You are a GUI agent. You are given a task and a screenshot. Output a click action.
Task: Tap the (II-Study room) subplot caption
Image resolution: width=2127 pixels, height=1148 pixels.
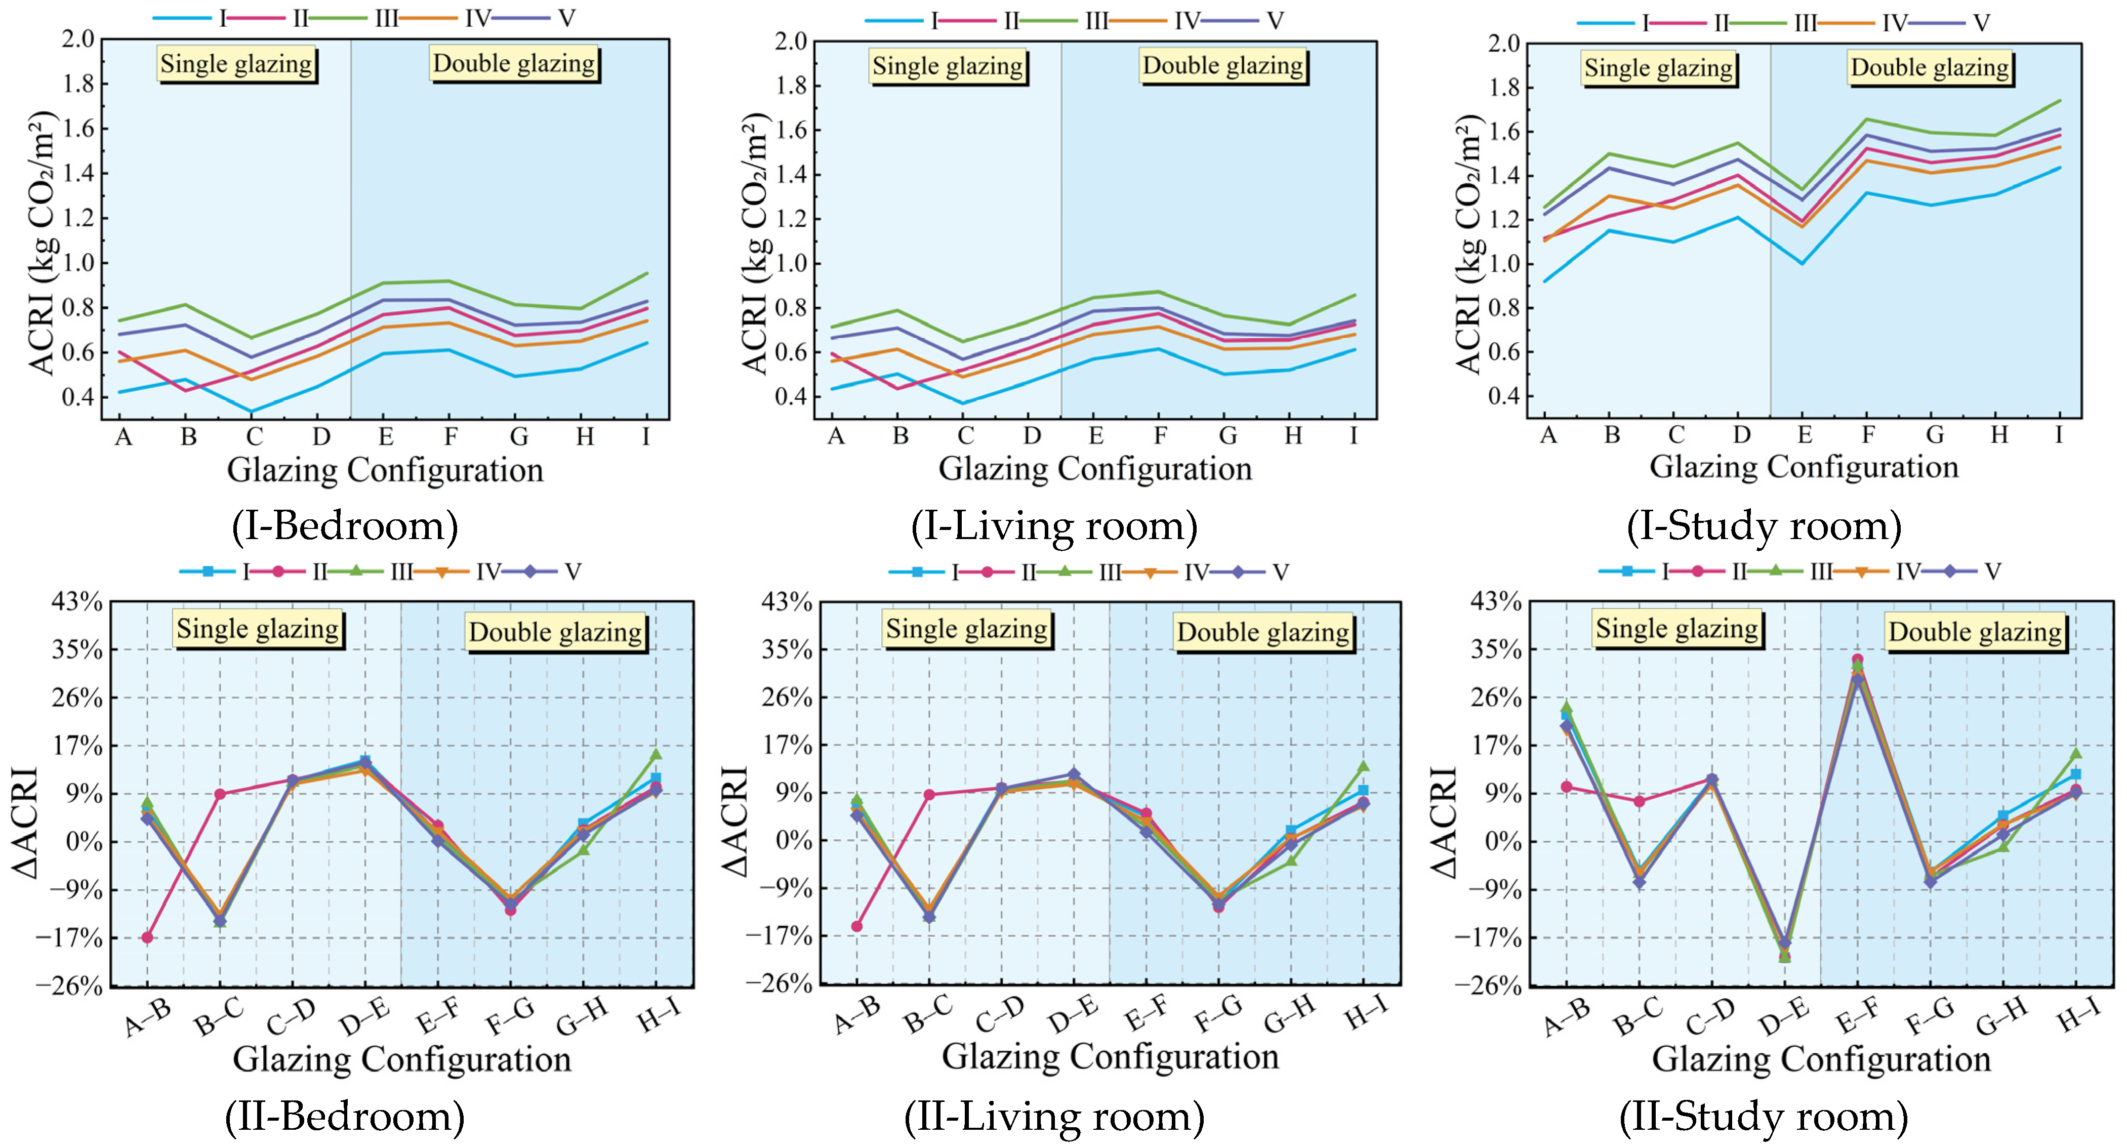tap(1763, 1117)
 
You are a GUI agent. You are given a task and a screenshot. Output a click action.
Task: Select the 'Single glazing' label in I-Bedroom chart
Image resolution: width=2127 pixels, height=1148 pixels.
tap(236, 64)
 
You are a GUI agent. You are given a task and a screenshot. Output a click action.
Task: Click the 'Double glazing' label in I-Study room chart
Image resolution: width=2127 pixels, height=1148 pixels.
tap(1930, 67)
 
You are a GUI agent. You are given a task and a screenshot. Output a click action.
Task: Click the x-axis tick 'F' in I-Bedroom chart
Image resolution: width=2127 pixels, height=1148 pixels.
tap(450, 436)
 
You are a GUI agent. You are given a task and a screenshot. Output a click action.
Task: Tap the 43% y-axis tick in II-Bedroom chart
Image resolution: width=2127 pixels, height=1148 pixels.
tap(77, 601)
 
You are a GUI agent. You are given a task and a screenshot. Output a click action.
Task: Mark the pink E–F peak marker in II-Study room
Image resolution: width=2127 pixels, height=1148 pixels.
tap(1857, 659)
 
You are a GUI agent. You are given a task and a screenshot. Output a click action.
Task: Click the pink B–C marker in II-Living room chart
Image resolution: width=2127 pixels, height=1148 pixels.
tap(929, 795)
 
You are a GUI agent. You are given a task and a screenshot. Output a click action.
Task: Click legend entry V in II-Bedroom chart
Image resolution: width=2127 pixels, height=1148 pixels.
tap(572, 571)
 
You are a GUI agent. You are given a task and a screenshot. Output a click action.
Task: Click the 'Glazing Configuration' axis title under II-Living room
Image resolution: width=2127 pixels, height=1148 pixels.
tap(1110, 1056)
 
